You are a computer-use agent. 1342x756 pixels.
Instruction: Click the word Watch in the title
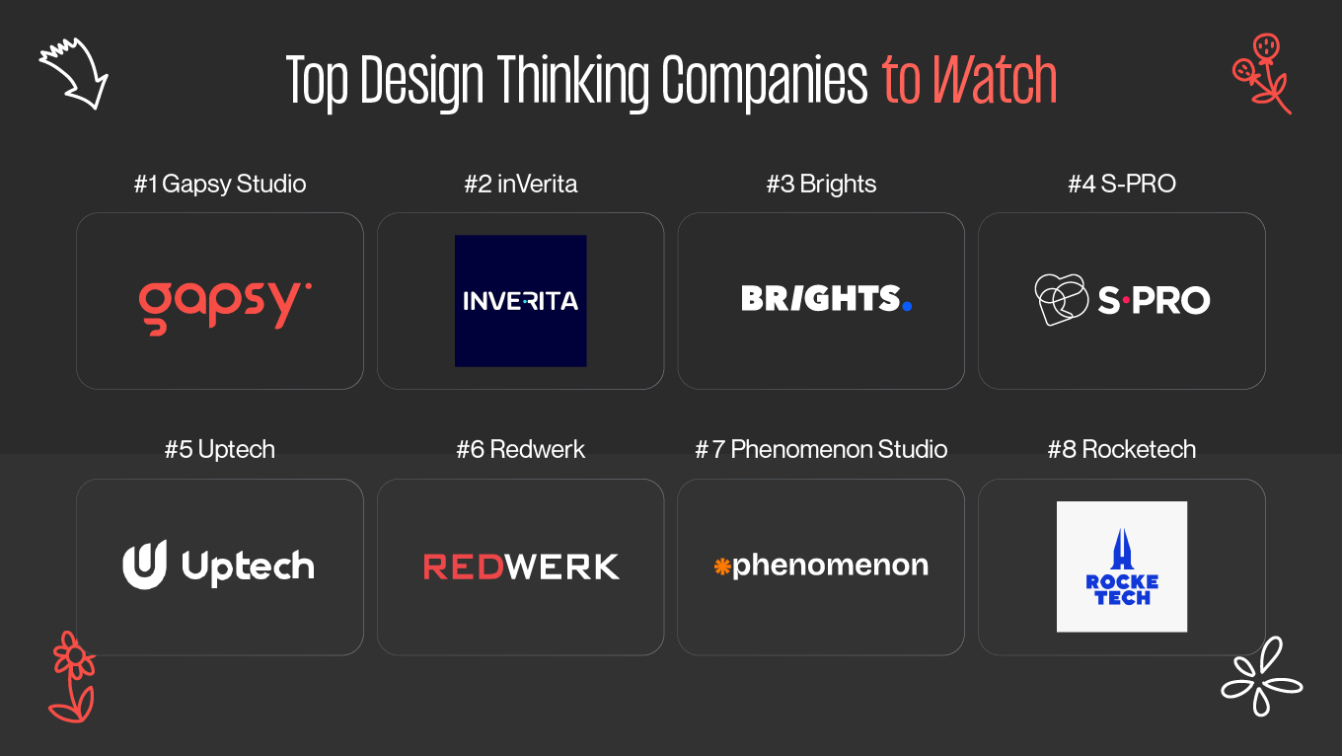pos(995,81)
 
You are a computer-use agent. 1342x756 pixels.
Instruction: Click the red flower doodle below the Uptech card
pos(72,677)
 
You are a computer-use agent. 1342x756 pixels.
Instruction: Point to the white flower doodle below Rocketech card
pos(1261,676)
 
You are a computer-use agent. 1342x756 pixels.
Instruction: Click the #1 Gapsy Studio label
pos(220,185)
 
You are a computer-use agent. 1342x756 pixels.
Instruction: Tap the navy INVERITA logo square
pos(521,300)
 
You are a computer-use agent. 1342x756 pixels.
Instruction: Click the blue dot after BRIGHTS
pos(907,306)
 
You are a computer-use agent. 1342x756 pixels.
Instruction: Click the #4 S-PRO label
pos(1122,185)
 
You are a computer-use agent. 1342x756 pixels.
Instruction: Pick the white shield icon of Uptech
pos(145,565)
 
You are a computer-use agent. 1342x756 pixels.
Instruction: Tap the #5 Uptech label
pos(220,450)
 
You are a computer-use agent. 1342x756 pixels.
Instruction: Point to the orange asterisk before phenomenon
pos(721,567)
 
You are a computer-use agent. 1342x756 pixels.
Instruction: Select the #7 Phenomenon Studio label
pos(821,450)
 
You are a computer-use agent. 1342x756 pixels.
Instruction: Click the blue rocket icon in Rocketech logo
pos(1122,549)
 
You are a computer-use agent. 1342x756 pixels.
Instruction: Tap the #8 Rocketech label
pos(1122,450)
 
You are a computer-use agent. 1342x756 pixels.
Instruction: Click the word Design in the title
pos(423,81)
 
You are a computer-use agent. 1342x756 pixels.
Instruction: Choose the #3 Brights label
pos(821,185)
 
